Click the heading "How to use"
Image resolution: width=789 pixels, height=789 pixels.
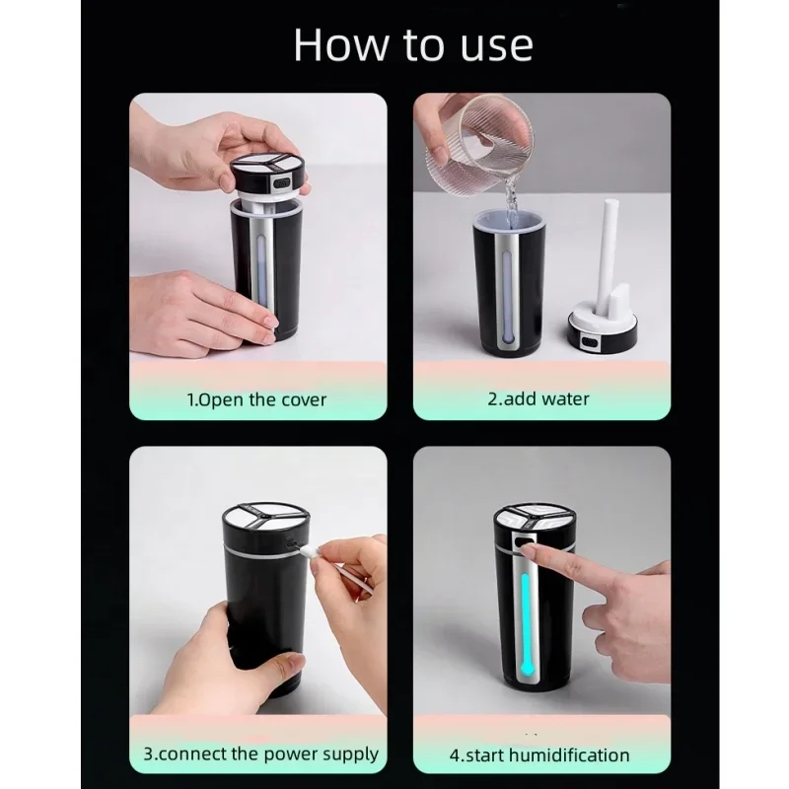tap(413, 45)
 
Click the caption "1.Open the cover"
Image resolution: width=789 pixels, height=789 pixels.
tap(256, 399)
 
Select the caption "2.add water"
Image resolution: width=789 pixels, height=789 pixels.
tap(538, 398)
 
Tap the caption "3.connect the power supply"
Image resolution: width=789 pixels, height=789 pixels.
tap(260, 753)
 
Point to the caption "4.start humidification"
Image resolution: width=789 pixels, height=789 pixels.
tap(539, 754)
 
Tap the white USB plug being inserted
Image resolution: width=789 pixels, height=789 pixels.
tap(309, 552)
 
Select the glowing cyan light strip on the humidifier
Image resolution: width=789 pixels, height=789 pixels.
tap(525, 624)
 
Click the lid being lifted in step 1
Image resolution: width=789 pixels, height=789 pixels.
tap(268, 177)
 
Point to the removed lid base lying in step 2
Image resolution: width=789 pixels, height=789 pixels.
tap(603, 331)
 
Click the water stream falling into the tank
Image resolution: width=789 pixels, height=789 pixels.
tap(512, 205)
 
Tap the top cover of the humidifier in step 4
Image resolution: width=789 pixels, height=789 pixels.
tap(534, 520)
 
